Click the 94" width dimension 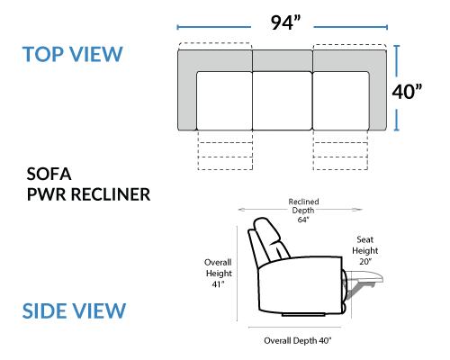coord(285,22)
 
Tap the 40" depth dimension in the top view coord(407,92)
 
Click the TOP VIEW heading coord(73,54)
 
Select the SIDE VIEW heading coord(74,310)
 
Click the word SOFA coord(49,174)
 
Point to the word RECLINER coord(111,194)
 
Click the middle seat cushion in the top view coord(283,101)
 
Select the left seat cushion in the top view coord(224,101)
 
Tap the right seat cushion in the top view coord(340,101)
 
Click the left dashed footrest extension coord(225,150)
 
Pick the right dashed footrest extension coord(340,150)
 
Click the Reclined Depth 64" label coord(303,211)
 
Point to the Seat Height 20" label coord(365,250)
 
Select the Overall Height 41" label coord(218,273)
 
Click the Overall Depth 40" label coord(298,341)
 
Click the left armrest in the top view coord(187,90)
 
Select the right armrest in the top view coord(377,90)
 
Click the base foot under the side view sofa coord(303,315)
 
